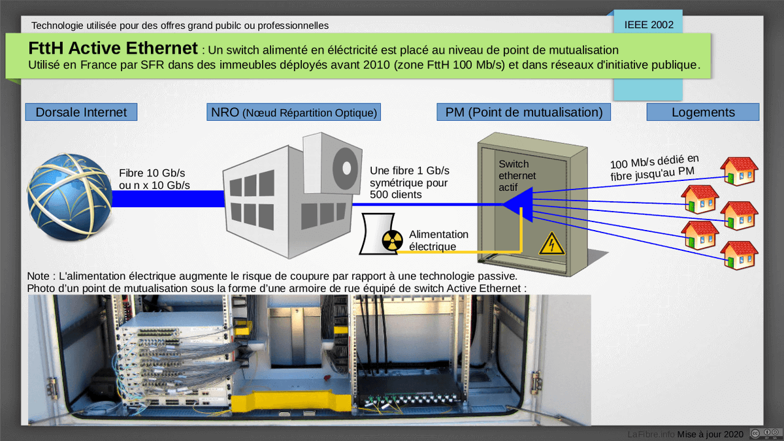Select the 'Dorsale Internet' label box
(81, 112)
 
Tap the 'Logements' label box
(703, 112)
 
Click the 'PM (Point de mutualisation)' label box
(523, 112)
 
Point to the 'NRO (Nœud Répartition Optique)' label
(294, 112)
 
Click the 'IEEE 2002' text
(648, 25)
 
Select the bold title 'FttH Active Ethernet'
(112, 48)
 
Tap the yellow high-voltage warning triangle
(551, 244)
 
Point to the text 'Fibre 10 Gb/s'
(152, 173)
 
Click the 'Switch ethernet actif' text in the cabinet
(517, 175)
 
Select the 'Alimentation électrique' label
(438, 240)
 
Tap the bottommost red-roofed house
(739, 255)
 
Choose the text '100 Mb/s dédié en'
(655, 161)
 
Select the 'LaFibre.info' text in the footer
(651, 434)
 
